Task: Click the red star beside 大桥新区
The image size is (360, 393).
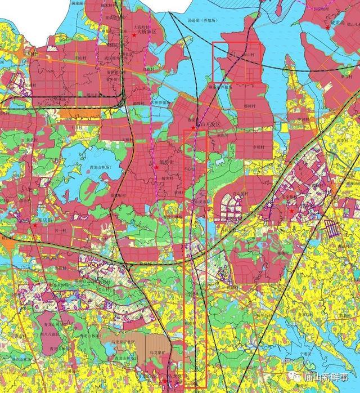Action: pos(134,34)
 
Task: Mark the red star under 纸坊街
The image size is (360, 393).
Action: pos(156,167)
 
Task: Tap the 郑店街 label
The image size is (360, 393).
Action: pos(45,220)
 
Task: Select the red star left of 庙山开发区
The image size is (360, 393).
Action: pos(193,128)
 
